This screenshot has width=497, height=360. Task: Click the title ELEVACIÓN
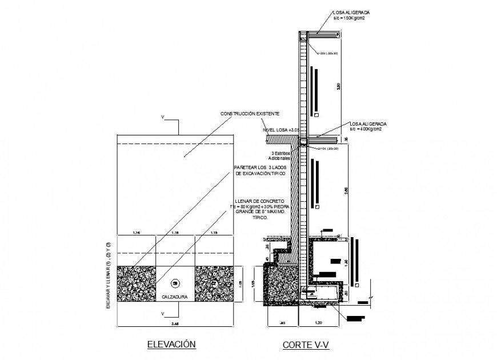click(171, 344)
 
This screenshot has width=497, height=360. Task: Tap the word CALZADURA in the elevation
click(175, 297)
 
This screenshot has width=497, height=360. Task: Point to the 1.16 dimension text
click(137, 233)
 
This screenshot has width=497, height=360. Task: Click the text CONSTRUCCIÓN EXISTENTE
click(251, 114)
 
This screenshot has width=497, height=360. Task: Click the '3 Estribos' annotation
click(280, 153)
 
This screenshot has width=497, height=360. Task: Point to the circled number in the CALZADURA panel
click(175, 281)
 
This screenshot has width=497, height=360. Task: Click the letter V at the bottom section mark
click(164, 313)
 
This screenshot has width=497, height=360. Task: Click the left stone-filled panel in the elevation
click(137, 283)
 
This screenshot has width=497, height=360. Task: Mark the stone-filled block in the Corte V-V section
click(281, 283)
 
